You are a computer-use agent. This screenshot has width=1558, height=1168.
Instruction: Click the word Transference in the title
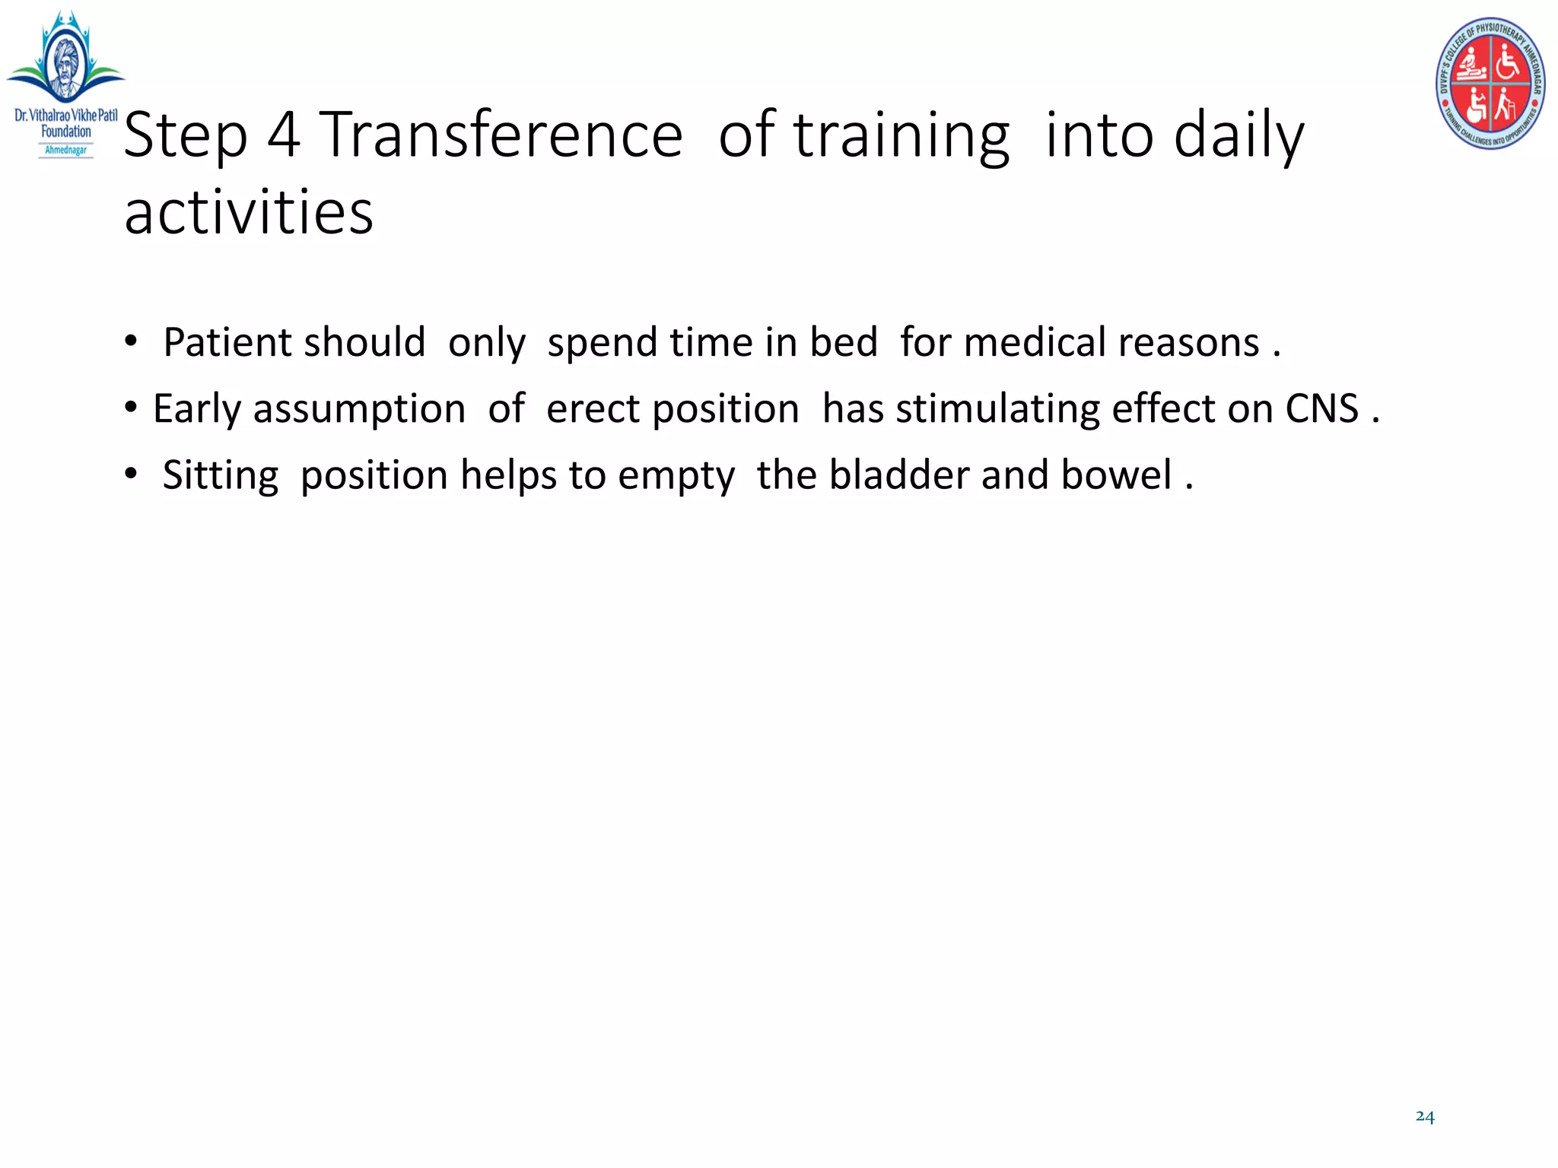pos(501,135)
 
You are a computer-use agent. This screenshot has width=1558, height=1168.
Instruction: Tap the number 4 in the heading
pos(284,135)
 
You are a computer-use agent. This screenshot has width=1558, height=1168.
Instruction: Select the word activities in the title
pos(249,212)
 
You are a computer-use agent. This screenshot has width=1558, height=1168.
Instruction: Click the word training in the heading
pos(902,135)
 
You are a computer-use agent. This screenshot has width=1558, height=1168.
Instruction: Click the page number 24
pos(1425,1116)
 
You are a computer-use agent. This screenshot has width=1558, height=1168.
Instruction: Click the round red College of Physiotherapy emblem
pos(1490,84)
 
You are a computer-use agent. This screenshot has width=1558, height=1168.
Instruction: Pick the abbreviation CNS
pos(1321,408)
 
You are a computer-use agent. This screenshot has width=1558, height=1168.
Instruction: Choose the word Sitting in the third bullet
pos(221,476)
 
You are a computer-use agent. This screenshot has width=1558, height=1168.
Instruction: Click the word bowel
pos(1116,475)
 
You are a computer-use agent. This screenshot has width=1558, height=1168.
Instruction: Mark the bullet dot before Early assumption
pos(132,408)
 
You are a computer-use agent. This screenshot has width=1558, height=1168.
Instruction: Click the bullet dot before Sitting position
pos(132,474)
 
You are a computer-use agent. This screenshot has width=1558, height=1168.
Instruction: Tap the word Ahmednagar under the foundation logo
pos(66,150)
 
